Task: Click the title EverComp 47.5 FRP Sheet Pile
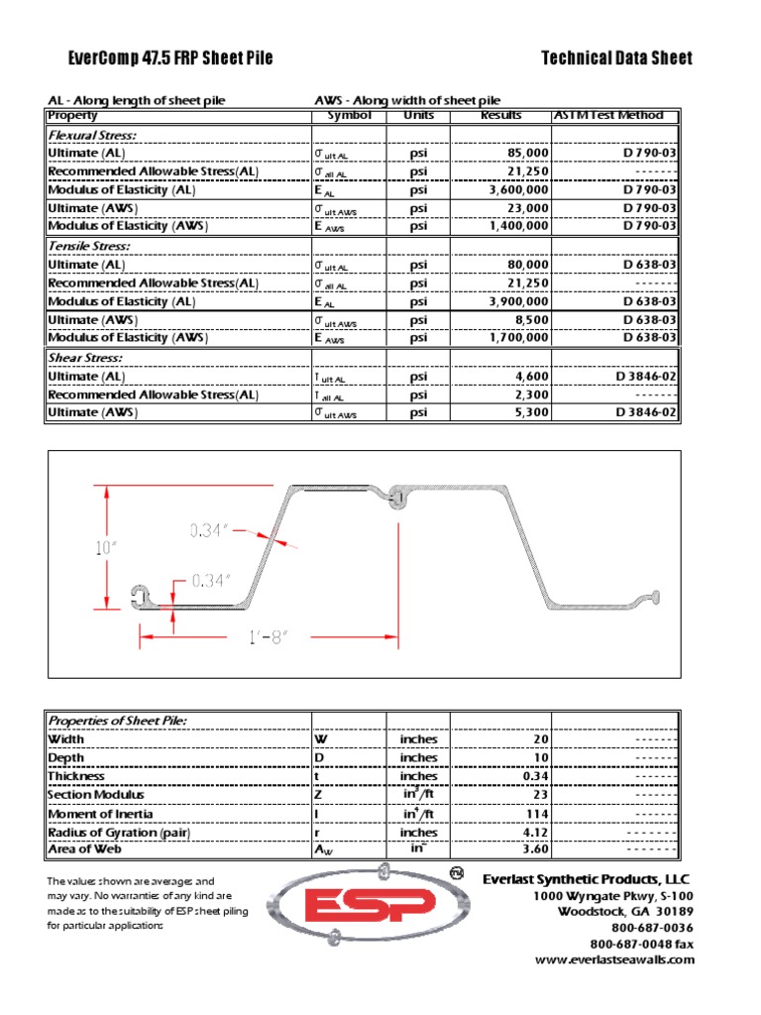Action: tap(160, 58)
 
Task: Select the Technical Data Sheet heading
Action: tap(616, 58)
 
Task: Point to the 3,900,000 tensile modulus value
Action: tap(514, 301)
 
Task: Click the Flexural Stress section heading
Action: tap(92, 135)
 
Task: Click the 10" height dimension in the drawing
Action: tap(105, 546)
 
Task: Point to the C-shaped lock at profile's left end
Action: tap(140, 595)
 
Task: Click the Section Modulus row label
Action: tap(96, 795)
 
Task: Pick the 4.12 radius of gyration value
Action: tap(534, 833)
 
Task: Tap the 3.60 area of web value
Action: tap(534, 850)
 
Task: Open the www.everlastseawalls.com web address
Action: tap(614, 959)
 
